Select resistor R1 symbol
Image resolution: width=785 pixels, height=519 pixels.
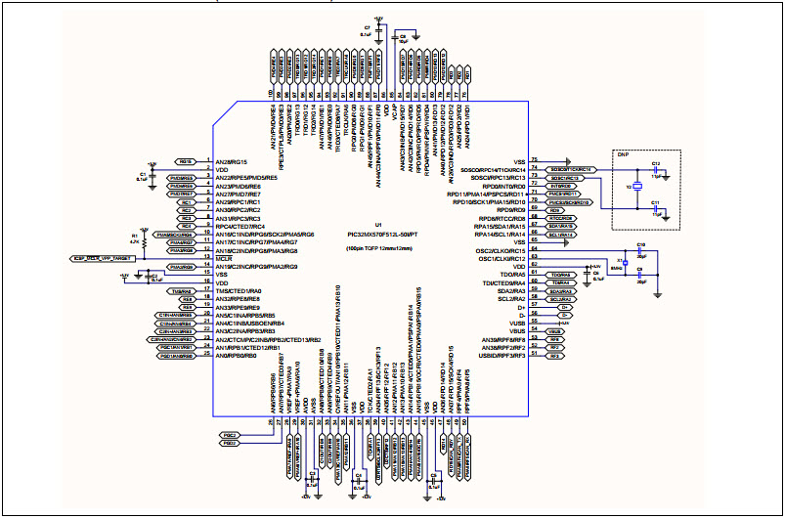click(143, 238)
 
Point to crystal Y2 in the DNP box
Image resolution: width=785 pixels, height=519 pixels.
click(635, 187)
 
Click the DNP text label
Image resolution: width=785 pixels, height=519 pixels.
click(623, 154)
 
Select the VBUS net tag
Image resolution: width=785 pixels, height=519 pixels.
click(553, 332)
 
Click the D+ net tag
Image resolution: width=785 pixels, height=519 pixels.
click(564, 308)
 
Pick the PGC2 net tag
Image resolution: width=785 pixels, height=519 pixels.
click(230, 434)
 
